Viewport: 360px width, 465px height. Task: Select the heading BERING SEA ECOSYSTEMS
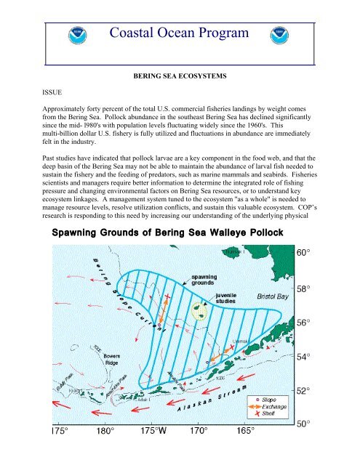pos(179,76)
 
